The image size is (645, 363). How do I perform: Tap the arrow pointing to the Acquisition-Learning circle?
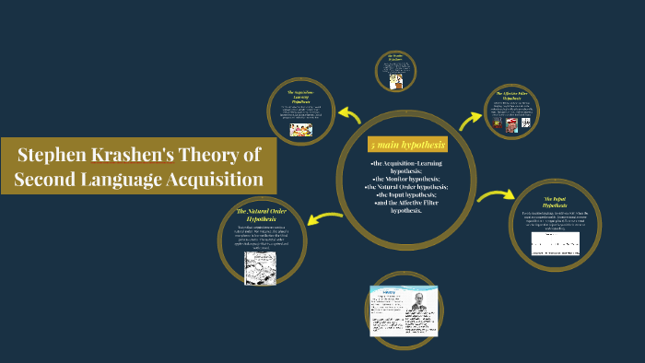(x=348, y=114)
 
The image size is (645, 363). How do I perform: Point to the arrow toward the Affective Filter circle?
(x=470, y=119)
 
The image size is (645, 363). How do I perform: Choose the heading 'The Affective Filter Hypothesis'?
(x=511, y=98)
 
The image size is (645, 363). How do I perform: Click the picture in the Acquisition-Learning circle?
(x=301, y=130)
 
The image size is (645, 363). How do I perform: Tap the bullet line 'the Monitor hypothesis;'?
(x=406, y=178)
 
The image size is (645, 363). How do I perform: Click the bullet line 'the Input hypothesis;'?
(x=406, y=194)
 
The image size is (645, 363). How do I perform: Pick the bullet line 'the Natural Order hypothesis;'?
(x=406, y=186)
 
